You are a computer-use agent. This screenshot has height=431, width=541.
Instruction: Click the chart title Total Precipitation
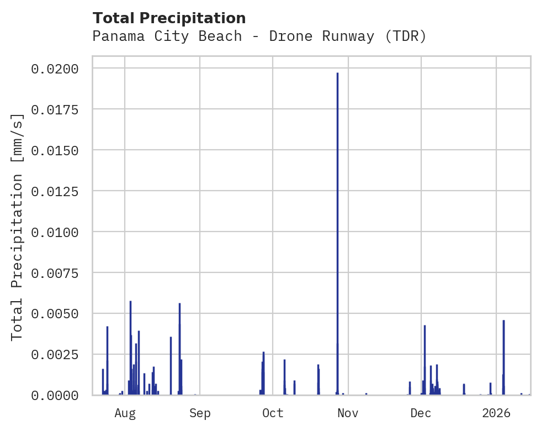pyautogui.click(x=169, y=18)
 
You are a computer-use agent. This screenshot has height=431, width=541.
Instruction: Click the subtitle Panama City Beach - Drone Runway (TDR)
pyautogui.click(x=259, y=36)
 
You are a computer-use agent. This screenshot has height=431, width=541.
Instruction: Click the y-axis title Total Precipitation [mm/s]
pyautogui.click(x=18, y=227)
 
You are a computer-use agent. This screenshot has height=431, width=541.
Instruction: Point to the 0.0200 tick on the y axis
pyautogui.click(x=55, y=69)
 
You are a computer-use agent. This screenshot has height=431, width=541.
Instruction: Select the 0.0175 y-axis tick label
pyautogui.click(x=55, y=109)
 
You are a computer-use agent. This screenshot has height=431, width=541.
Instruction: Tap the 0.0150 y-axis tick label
pyautogui.click(x=55, y=150)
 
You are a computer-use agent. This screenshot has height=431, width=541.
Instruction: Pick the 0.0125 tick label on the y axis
pyautogui.click(x=55, y=191)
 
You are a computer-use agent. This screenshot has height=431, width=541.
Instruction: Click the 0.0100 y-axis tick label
pyautogui.click(x=55, y=232)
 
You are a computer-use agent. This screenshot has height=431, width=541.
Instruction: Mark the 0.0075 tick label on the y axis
pyautogui.click(x=55, y=273)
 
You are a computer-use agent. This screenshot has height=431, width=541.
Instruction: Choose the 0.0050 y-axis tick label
pyautogui.click(x=55, y=314)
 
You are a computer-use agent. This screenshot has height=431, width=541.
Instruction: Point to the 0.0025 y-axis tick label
pyautogui.click(x=55, y=355)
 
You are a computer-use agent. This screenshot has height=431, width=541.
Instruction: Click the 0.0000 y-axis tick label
pyautogui.click(x=55, y=396)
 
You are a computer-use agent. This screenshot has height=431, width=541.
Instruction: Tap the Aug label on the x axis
pyautogui.click(x=125, y=413)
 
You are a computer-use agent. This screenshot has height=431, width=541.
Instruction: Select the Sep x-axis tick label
pyautogui.click(x=200, y=413)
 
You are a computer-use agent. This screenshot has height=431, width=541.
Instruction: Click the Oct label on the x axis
pyautogui.click(x=273, y=413)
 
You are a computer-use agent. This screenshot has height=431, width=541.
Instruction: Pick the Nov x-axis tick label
pyautogui.click(x=348, y=413)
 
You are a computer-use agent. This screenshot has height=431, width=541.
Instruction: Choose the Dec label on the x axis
pyautogui.click(x=421, y=413)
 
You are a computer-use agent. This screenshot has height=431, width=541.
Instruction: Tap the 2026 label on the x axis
pyautogui.click(x=496, y=413)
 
